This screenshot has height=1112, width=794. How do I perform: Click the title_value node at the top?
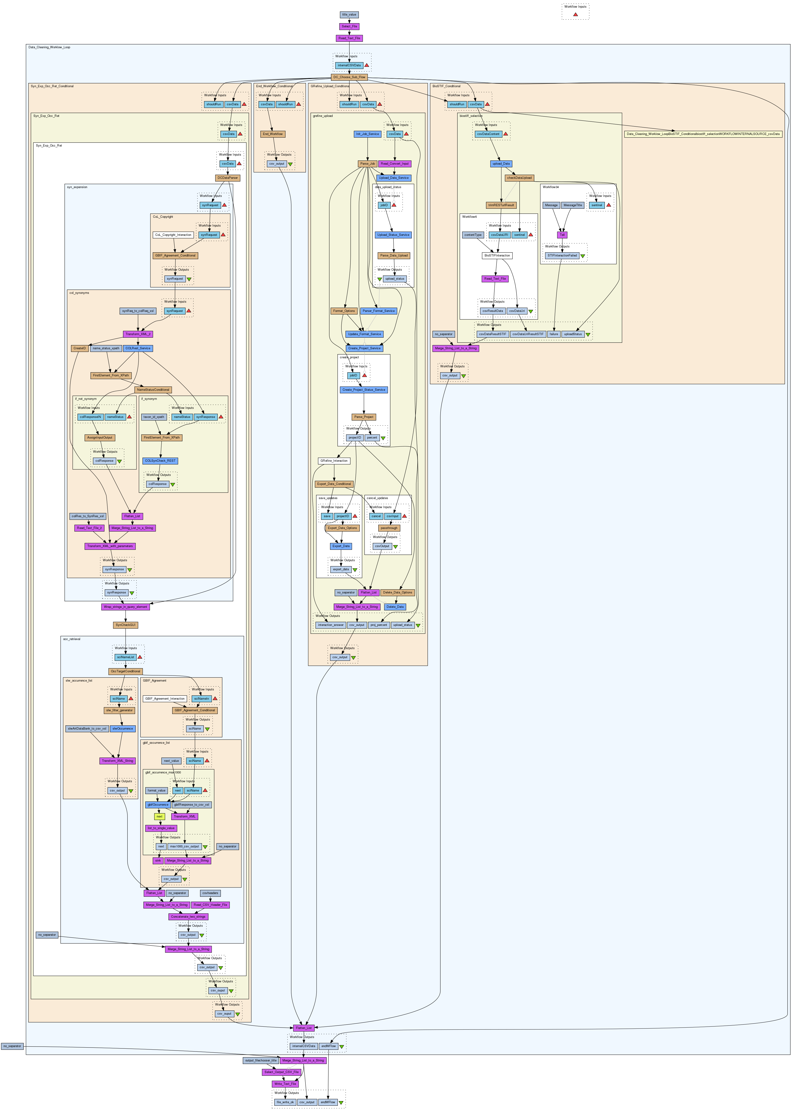349,15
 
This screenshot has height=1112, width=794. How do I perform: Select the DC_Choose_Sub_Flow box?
349,77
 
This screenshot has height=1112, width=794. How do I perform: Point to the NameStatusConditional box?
153,390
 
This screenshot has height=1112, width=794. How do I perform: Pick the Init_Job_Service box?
367,134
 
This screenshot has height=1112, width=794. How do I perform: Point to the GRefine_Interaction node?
334,461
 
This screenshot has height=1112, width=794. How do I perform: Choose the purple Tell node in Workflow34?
563,235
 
